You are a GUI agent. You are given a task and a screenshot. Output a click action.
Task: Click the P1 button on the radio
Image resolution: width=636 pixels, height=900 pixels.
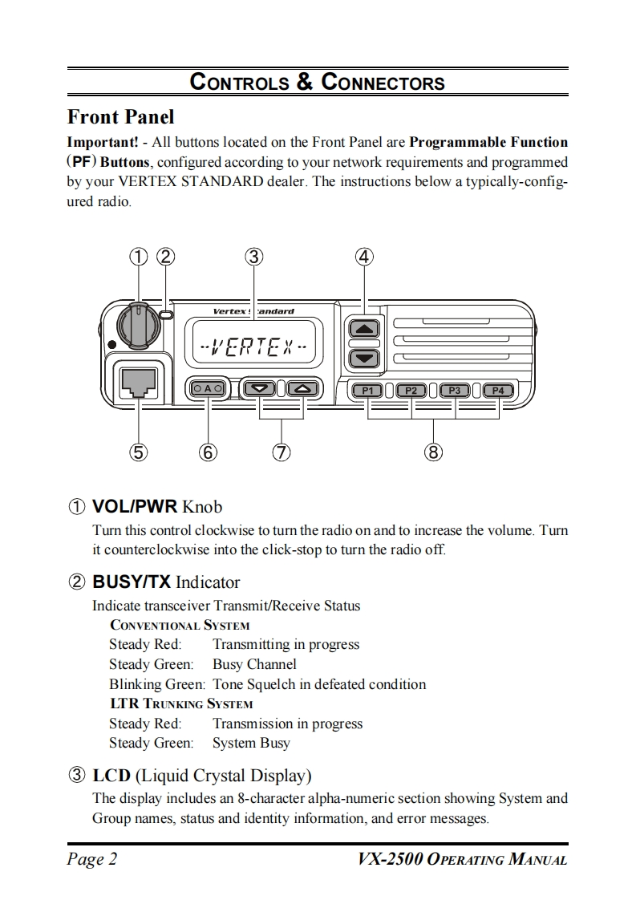pos(368,391)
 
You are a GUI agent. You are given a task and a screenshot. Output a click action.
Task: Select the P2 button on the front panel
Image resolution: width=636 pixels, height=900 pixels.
pos(411,391)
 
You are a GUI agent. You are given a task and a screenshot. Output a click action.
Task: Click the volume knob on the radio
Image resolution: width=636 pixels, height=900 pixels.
pos(137,322)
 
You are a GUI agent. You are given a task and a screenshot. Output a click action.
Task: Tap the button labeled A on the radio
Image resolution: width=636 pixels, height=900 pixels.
pos(209,389)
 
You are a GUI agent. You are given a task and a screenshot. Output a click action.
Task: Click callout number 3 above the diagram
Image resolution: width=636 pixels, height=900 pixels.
pos(253,257)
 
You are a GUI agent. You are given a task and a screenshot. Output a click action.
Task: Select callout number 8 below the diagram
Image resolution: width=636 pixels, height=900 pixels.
pos(434,452)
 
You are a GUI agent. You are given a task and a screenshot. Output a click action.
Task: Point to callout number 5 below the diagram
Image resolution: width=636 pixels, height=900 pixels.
pos(139,452)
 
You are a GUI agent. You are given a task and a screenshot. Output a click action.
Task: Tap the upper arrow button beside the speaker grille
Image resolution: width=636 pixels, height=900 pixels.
pos(364,329)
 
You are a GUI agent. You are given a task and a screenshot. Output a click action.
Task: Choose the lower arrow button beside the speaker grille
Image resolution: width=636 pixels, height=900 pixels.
pos(364,358)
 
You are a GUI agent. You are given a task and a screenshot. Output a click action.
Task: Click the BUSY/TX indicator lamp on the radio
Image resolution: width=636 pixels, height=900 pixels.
pos(166,315)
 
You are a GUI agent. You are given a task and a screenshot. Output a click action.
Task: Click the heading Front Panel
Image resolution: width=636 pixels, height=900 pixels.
pos(120,117)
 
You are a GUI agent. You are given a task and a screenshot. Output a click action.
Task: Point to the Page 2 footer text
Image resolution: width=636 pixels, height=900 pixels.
pos(92,860)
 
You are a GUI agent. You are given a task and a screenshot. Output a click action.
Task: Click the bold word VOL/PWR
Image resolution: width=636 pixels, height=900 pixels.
pos(134,507)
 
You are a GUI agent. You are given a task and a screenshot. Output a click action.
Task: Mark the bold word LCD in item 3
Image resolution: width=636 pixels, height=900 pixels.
pos(111,776)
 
